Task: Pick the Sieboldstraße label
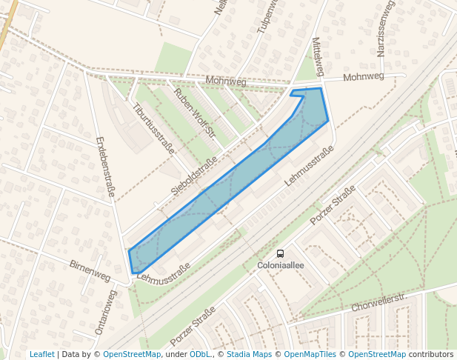coord(194,176)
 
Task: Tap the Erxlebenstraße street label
coord(105,167)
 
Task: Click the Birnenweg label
coord(90,271)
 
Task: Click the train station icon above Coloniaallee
coord(280,253)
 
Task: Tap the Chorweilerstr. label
coord(380,300)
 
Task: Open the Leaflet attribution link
coord(41,354)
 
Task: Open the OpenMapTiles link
coord(309,354)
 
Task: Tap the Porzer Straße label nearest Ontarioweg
coord(193,326)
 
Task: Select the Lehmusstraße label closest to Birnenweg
coord(164,274)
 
